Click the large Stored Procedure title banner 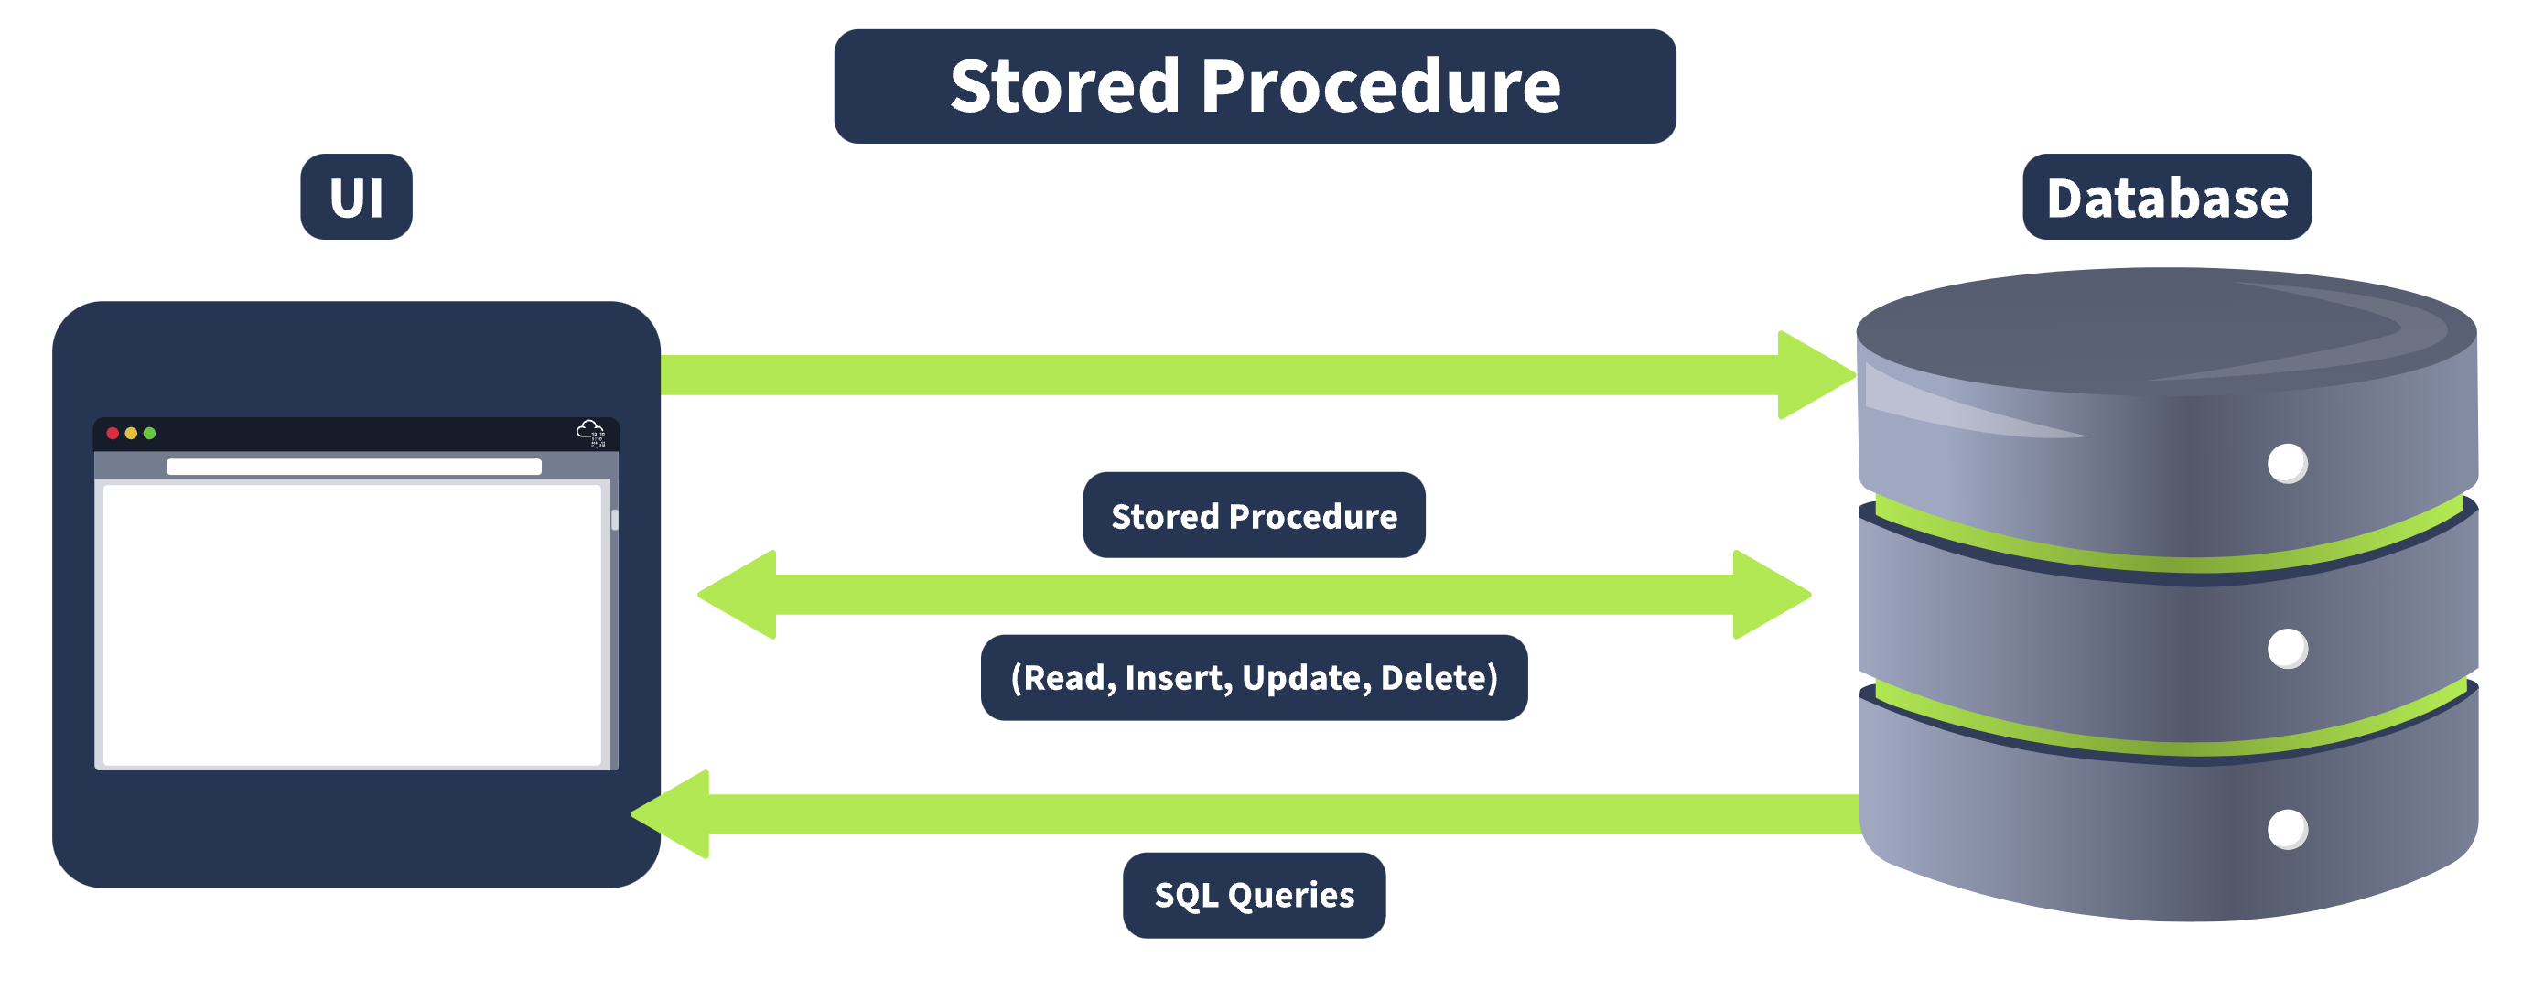(x=1255, y=87)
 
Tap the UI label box (x=357, y=198)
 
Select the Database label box (x=2167, y=198)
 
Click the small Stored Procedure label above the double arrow (x=1255, y=516)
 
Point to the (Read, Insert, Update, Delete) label (x=1255, y=678)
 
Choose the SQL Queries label (x=1255, y=895)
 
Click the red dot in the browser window (x=113, y=434)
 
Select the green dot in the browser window (x=150, y=434)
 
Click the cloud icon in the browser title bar (x=590, y=431)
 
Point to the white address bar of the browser (x=353, y=467)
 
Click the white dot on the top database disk (x=2287, y=464)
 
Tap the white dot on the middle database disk (x=2287, y=649)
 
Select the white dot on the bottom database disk (x=2287, y=829)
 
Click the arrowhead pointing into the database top (x=1812, y=375)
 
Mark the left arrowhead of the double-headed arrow (x=740, y=595)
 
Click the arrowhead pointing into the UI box (x=674, y=814)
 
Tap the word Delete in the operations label (x=1439, y=678)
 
